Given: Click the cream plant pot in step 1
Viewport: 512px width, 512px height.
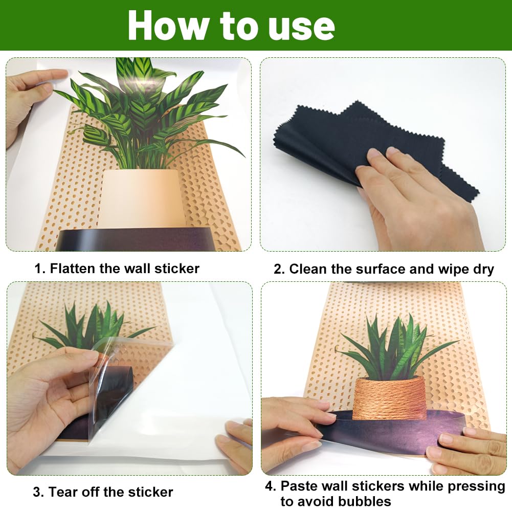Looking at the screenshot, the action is click(x=141, y=198).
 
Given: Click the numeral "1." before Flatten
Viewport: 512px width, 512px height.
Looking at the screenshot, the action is click(x=40, y=269).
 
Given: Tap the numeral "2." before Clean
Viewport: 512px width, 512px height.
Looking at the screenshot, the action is click(x=279, y=269).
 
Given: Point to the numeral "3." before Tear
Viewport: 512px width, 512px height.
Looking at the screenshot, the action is click(x=38, y=492).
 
